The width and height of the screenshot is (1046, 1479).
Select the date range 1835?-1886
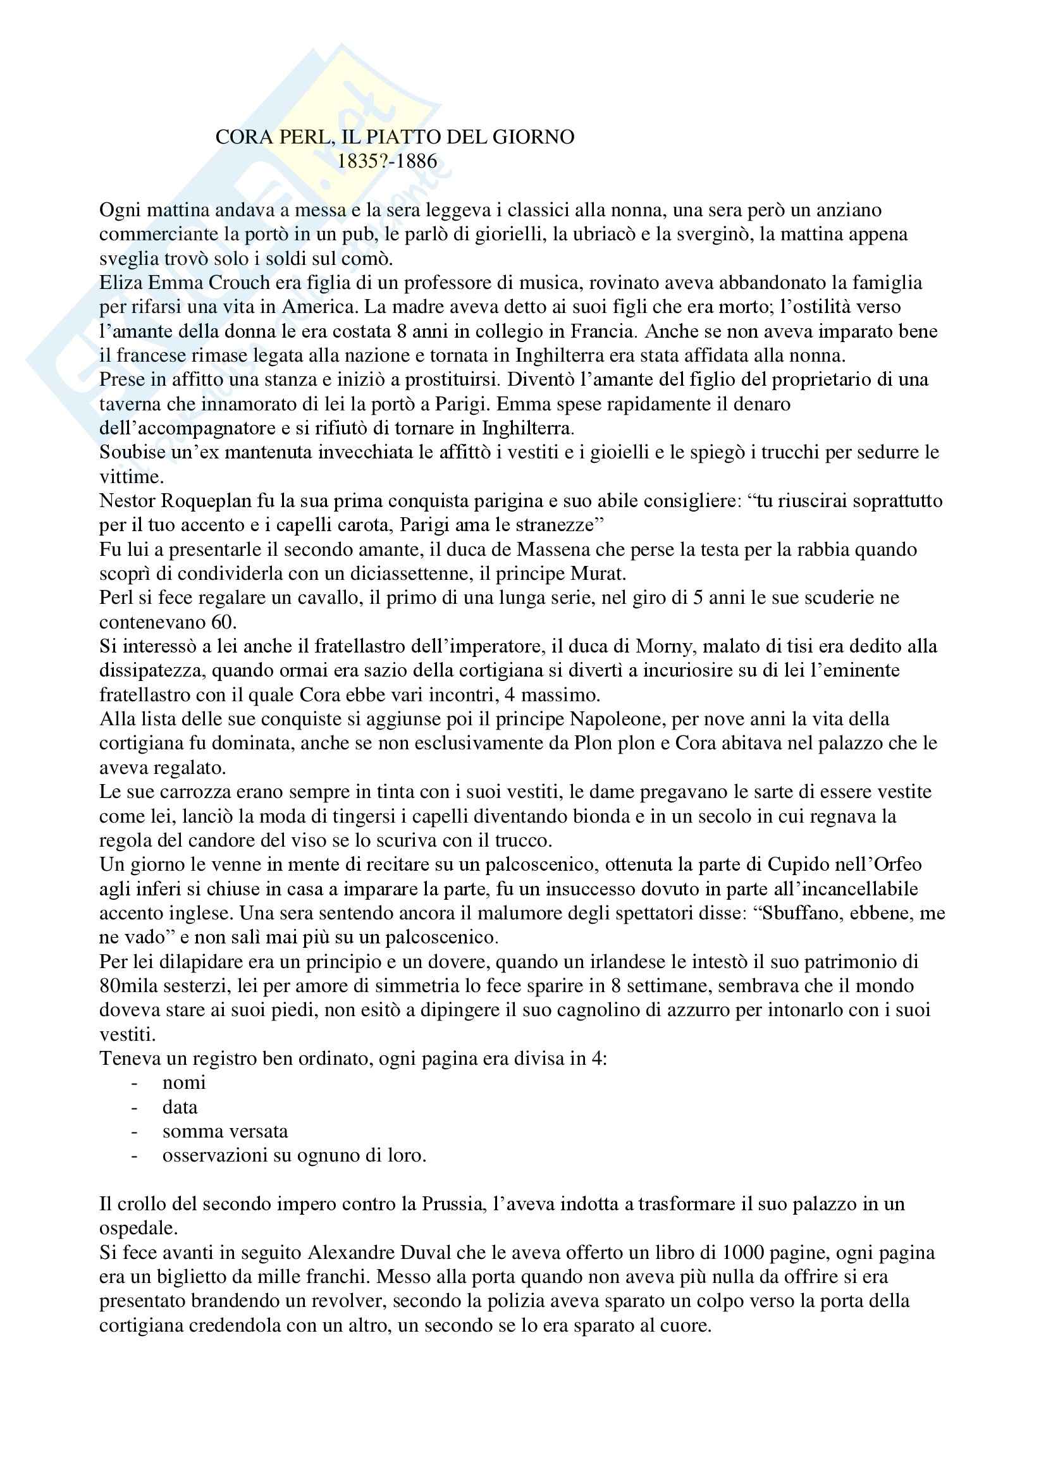387,161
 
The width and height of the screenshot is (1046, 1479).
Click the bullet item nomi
184,1082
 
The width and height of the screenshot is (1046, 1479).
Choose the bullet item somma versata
225,1131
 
